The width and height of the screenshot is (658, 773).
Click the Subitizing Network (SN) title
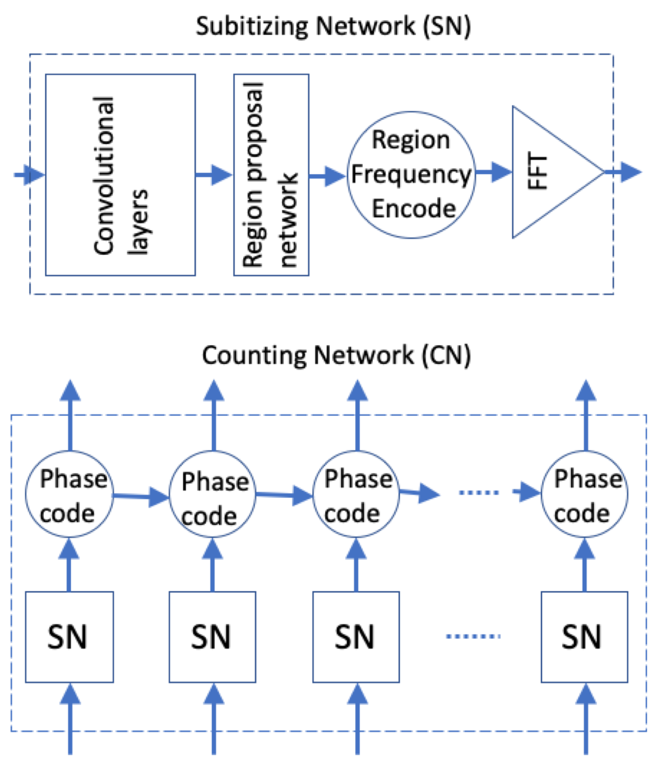333,26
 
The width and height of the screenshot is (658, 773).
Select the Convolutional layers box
121,175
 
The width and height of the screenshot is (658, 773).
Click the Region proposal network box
271,175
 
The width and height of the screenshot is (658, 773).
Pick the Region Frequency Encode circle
411,175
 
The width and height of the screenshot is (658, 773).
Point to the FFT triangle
548,172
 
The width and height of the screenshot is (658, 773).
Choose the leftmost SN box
69,637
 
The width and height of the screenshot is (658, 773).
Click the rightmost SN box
584,637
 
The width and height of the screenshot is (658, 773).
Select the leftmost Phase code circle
69,494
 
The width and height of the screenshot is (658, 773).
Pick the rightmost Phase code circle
585,494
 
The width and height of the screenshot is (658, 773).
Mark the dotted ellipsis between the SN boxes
473,636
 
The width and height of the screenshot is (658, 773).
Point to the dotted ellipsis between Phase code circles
479,493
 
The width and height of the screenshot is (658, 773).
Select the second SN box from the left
212,637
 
